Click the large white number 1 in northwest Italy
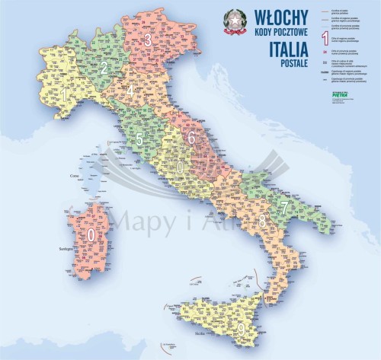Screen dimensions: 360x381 [x=66, y=96]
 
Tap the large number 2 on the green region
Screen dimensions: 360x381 [x=103, y=68]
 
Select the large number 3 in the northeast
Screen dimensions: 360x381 [x=148, y=41]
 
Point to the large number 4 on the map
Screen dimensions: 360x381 [x=131, y=92]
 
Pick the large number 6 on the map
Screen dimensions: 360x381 [x=192, y=138]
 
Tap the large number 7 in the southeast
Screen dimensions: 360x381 [x=284, y=206]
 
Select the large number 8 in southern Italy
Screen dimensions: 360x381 [x=263, y=222]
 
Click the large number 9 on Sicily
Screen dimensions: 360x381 [x=242, y=330]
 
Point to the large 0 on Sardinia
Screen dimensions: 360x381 [x=91, y=235]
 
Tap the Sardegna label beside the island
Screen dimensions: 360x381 [x=59, y=248]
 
